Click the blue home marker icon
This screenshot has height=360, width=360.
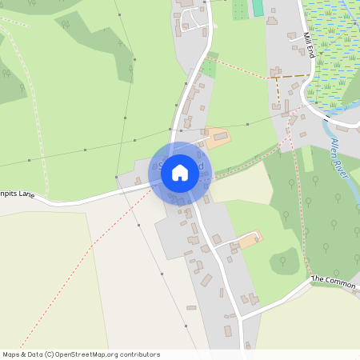(x=180, y=173)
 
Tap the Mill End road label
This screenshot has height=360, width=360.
(x=308, y=46)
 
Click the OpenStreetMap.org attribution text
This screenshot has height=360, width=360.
(x=106, y=354)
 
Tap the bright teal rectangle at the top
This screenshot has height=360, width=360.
(x=258, y=8)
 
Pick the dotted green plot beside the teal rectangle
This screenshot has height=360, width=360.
(x=239, y=9)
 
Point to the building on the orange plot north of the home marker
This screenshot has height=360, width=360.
(x=219, y=138)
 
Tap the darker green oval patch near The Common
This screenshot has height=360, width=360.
(x=282, y=259)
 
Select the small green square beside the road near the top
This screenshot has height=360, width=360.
(x=210, y=67)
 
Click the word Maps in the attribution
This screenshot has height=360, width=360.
(x=11, y=354)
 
